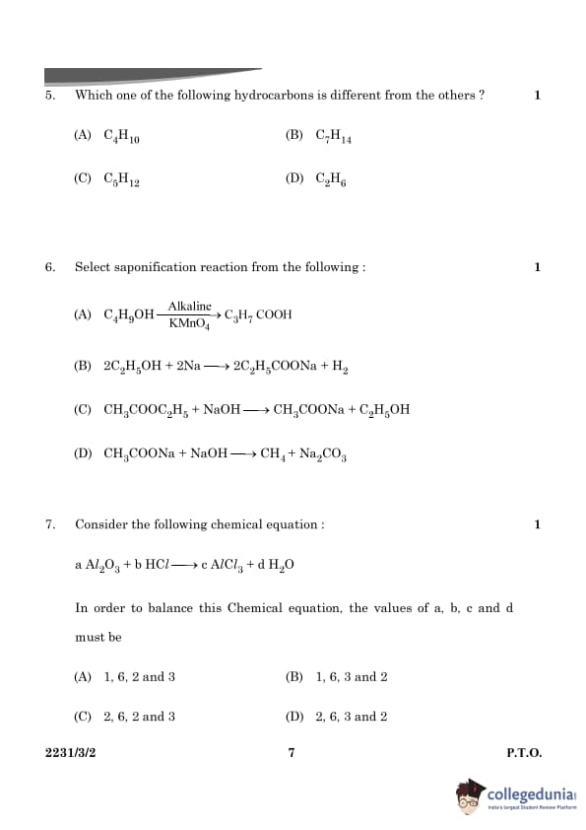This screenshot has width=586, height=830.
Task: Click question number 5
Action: [49, 96]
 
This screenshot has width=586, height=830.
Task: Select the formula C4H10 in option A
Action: [122, 137]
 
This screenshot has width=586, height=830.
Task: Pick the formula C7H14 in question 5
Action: [334, 137]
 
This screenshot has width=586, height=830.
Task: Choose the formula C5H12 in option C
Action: [122, 180]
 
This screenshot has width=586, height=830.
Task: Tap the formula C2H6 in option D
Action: [331, 180]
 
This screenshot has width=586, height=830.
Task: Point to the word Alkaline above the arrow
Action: [189, 307]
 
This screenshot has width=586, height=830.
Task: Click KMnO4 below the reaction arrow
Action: [189, 323]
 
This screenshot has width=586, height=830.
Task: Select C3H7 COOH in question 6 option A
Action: [258, 315]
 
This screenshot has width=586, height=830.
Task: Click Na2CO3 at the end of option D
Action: [324, 454]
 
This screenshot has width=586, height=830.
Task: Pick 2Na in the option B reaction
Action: [188, 366]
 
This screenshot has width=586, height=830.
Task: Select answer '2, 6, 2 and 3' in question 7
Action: [139, 717]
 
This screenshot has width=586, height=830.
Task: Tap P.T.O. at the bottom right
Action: [524, 753]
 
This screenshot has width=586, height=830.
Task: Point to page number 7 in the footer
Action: [292, 753]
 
